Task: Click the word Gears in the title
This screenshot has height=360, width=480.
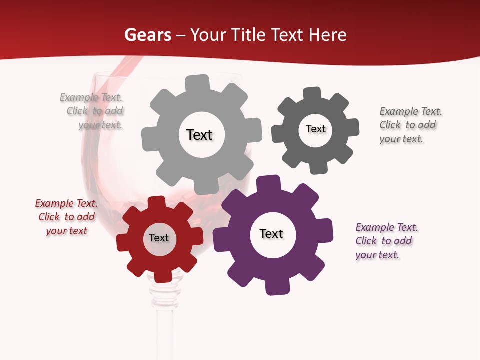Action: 147,35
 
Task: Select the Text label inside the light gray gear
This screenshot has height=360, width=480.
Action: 199,135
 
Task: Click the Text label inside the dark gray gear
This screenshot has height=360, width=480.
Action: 315,129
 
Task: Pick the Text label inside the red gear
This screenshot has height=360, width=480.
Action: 159,238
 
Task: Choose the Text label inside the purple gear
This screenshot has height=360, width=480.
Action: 271,233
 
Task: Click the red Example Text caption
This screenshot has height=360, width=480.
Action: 66,217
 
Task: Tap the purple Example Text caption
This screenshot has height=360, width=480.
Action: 386,241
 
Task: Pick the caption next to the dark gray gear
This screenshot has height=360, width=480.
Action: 410,125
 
